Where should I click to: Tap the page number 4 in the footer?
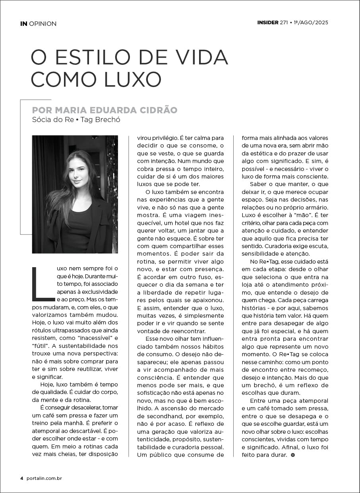point(22,478)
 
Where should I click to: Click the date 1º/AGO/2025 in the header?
point(311,23)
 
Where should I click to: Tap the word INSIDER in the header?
point(267,23)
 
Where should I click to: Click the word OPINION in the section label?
point(43,23)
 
